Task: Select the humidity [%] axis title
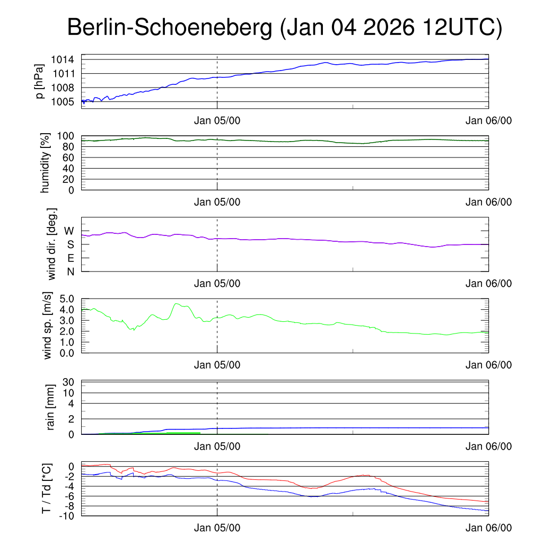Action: (x=45, y=163)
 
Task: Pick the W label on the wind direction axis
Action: (x=69, y=231)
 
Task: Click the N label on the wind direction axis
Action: (x=70, y=271)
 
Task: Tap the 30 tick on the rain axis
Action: (x=69, y=382)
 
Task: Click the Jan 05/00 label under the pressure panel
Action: (x=217, y=120)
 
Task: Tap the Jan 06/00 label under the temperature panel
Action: (x=488, y=528)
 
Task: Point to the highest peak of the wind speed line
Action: (x=177, y=304)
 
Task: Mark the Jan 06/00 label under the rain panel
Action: (x=488, y=446)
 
